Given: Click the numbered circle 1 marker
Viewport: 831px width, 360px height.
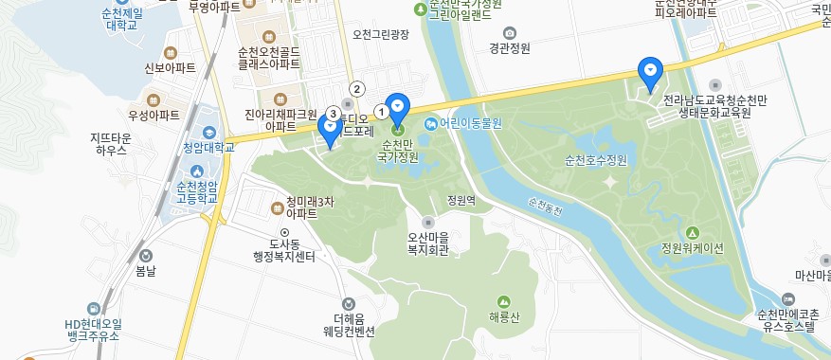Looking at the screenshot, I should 382,112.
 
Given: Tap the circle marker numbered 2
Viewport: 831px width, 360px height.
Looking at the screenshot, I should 357,89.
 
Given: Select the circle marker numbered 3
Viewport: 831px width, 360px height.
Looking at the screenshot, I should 333,113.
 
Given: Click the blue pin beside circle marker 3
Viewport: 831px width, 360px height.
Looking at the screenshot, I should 330,131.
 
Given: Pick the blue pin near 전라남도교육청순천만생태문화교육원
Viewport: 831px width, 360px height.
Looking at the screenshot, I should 649,73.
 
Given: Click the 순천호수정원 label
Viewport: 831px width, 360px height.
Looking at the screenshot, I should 596,159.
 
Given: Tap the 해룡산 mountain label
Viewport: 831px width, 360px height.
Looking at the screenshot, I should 505,316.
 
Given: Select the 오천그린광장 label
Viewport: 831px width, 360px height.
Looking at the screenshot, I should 379,35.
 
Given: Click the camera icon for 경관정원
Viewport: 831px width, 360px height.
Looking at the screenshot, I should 510,32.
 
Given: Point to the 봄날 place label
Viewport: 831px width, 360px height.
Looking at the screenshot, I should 146,270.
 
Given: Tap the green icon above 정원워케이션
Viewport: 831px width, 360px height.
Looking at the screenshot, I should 692,233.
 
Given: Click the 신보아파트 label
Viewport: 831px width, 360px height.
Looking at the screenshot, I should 170,68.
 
